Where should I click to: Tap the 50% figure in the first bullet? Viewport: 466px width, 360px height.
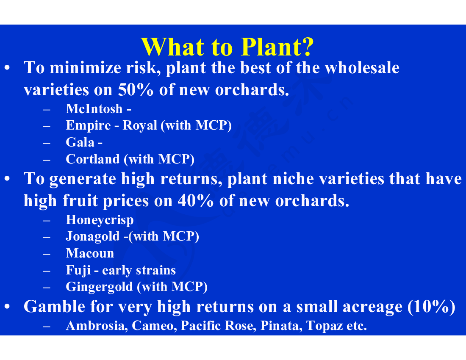point(136,89)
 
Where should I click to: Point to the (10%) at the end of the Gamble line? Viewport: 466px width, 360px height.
point(432,307)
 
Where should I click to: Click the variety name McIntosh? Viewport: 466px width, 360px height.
point(94,109)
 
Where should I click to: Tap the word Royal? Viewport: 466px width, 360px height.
point(140,126)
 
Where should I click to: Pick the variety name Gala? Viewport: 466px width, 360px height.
point(80,142)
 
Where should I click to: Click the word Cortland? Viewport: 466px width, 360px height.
point(93,159)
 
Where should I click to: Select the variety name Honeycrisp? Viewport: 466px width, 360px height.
point(100,220)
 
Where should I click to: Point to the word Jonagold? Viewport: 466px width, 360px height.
point(93,237)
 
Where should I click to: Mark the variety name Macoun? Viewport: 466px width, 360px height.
point(90,253)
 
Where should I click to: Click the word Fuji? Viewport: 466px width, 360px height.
point(78,270)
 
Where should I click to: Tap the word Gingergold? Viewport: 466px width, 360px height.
point(99,287)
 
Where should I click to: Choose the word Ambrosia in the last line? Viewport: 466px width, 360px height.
point(97,326)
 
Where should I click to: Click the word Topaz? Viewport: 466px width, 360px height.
point(325,326)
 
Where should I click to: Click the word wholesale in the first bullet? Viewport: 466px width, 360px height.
point(362,68)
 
